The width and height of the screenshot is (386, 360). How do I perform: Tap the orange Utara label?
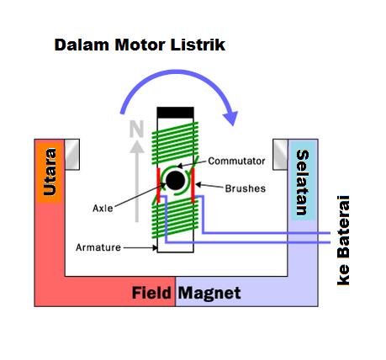(50, 175)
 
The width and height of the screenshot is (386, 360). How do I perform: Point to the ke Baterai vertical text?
(343, 241)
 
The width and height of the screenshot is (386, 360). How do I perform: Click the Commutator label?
(236, 161)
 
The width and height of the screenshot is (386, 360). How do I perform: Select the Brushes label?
(245, 188)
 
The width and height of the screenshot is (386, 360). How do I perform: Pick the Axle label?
(103, 207)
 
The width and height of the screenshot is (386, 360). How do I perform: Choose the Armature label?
(98, 247)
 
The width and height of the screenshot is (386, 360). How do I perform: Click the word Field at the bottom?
(152, 294)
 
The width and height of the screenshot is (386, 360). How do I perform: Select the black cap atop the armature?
(175, 113)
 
